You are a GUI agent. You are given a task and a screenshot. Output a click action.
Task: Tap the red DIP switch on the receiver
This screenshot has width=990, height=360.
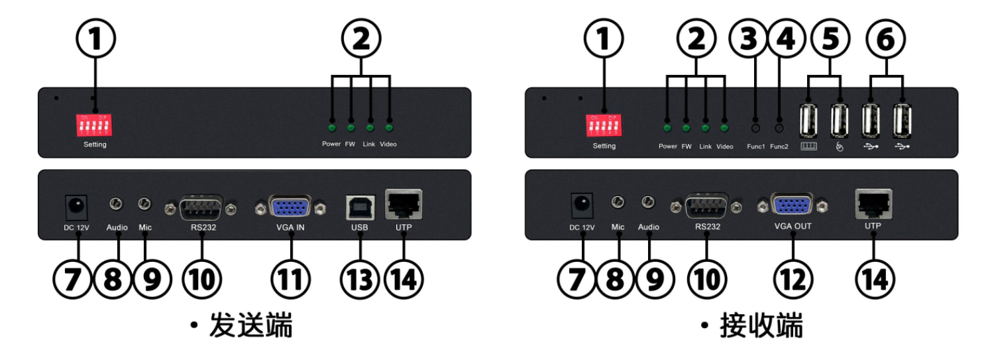point(603,124)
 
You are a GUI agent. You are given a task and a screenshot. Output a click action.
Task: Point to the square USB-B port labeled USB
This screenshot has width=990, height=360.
point(360,208)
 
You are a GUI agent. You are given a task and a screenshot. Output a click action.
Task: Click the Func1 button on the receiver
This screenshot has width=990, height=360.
point(753,127)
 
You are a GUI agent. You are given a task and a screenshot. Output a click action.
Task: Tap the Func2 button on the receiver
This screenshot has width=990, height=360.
point(779,127)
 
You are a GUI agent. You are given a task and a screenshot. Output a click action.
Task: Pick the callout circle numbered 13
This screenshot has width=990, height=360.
point(360,279)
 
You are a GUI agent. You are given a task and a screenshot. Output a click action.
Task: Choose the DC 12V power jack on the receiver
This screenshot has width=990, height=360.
point(581,206)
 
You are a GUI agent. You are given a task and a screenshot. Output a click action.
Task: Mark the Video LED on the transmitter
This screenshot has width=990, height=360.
point(389,127)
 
